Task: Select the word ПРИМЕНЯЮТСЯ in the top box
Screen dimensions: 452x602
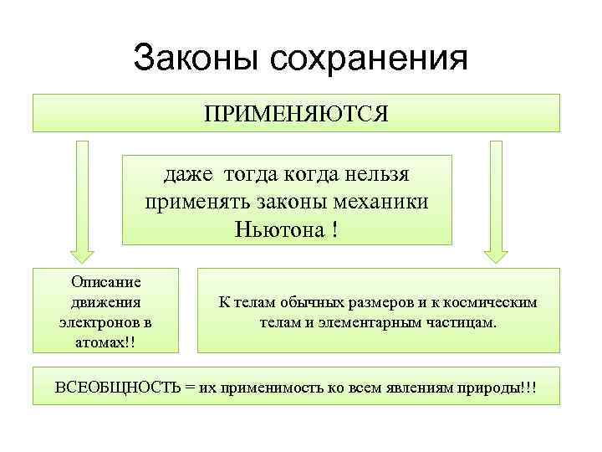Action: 296,113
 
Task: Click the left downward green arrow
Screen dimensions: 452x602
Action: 82,201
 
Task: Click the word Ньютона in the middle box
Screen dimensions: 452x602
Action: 278,229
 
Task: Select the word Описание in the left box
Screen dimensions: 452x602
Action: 106,282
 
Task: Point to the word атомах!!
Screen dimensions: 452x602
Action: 106,341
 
